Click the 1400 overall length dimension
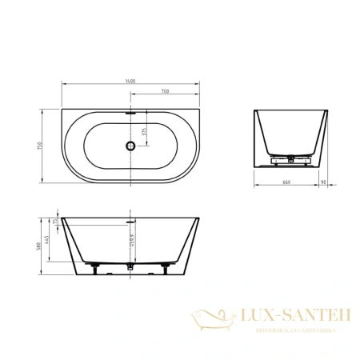tap(130, 81)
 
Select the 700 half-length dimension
tap(163, 92)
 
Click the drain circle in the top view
tap(128, 146)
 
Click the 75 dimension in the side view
tap(57, 222)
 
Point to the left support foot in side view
tap(94, 266)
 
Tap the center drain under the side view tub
tap(129, 266)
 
